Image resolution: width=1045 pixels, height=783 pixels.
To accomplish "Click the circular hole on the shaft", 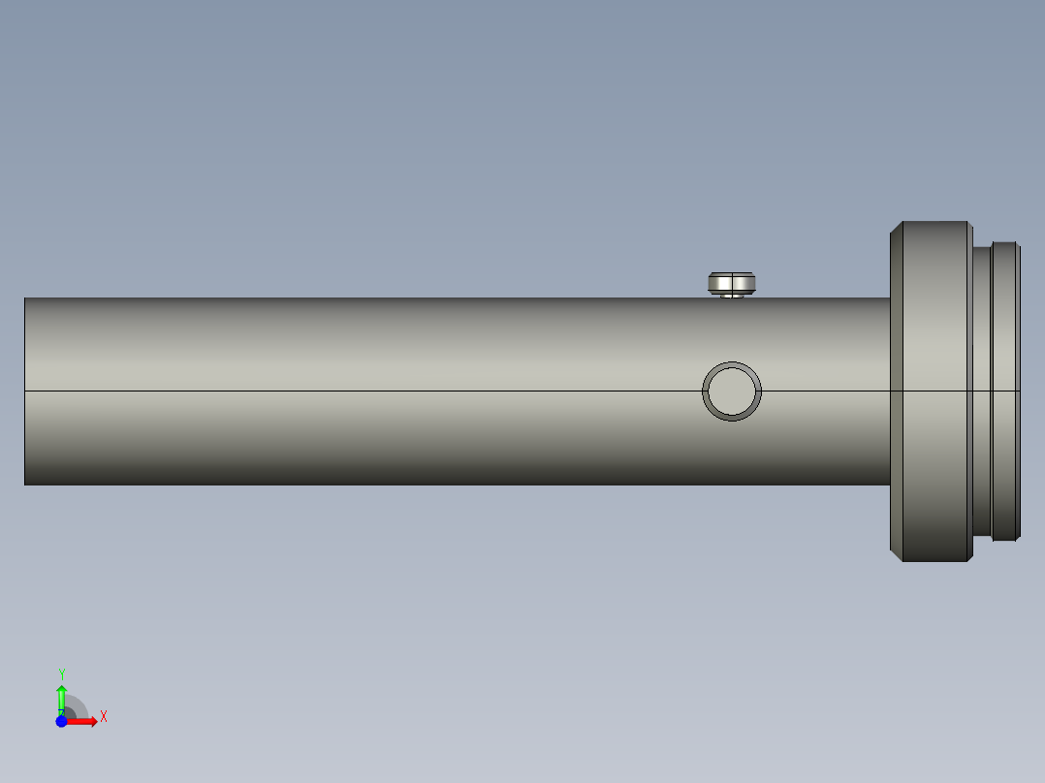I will click(x=732, y=391).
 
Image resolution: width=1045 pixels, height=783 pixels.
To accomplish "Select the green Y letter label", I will click(x=62, y=673).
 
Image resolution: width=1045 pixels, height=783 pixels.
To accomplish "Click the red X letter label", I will click(x=104, y=717).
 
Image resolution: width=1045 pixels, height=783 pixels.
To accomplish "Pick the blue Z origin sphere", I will click(x=62, y=721).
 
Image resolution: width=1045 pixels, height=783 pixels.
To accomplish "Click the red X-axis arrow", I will click(x=83, y=721).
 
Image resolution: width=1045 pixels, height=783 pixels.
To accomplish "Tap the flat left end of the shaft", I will click(x=25, y=391).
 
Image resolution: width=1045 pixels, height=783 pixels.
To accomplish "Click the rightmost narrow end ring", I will click(x=1005, y=391).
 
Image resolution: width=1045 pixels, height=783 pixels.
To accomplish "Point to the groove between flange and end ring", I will click(x=981, y=391).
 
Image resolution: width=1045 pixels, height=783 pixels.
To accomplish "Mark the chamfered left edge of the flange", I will click(x=897, y=391).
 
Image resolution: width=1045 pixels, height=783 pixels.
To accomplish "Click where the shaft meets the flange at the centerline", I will click(x=891, y=391).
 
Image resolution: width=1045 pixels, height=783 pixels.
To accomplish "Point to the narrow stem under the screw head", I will click(x=733, y=296).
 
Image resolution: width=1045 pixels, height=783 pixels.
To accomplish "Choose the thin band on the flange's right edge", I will click(x=969, y=391).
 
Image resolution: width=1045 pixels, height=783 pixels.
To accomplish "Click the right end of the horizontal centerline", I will click(x=1019, y=391).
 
